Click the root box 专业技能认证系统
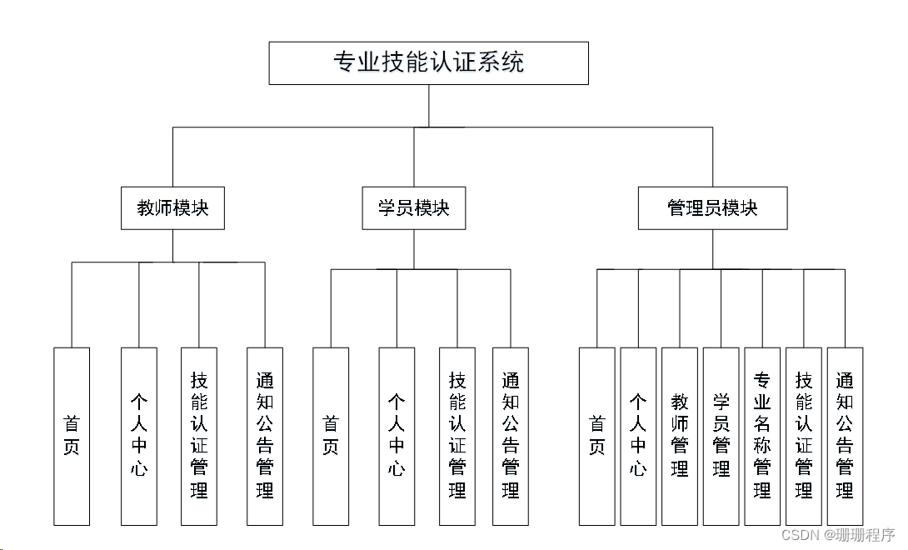(x=428, y=63)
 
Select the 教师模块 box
(x=172, y=208)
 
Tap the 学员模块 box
(x=413, y=208)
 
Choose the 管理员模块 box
(x=712, y=208)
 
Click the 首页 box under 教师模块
(x=72, y=436)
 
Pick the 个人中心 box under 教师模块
(x=138, y=436)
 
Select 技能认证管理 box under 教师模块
(x=199, y=436)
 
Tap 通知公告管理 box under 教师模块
(x=265, y=436)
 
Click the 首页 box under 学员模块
(x=331, y=436)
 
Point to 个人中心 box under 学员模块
(x=397, y=436)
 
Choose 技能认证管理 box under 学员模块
(x=457, y=436)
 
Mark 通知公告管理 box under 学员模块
(x=511, y=436)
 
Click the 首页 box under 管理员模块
(x=596, y=436)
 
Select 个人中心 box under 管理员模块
(x=638, y=436)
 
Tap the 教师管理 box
(x=680, y=436)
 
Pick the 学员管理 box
(x=721, y=436)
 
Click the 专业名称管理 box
(x=762, y=436)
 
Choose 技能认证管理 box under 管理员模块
(x=804, y=436)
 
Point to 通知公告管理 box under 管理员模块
(x=845, y=436)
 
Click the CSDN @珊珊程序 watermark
(x=838, y=535)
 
